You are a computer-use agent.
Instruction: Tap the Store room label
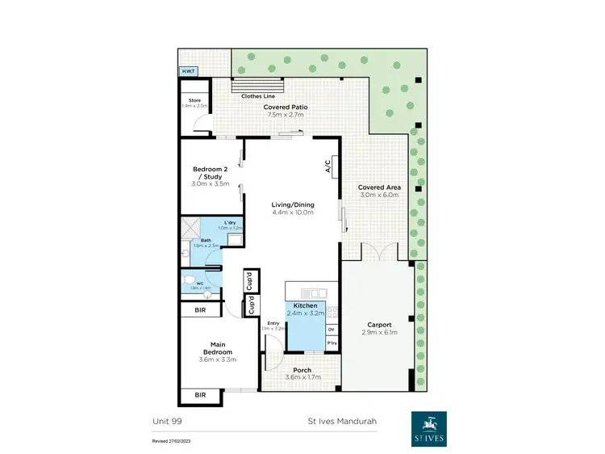click(194, 100)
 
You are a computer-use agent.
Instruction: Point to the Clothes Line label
click(258, 96)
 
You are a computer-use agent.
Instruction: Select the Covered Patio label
click(287, 107)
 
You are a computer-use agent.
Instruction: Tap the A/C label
click(328, 167)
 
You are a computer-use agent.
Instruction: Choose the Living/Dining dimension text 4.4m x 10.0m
click(292, 214)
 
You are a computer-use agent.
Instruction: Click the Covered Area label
click(379, 187)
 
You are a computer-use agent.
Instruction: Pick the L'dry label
click(229, 222)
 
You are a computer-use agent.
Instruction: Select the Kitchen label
click(304, 306)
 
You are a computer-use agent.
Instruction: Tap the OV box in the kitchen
click(331, 330)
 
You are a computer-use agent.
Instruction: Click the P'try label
click(332, 344)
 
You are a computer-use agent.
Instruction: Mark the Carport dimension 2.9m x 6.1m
click(378, 333)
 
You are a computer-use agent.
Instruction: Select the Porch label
click(303, 370)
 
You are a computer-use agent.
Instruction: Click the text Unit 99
click(165, 420)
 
